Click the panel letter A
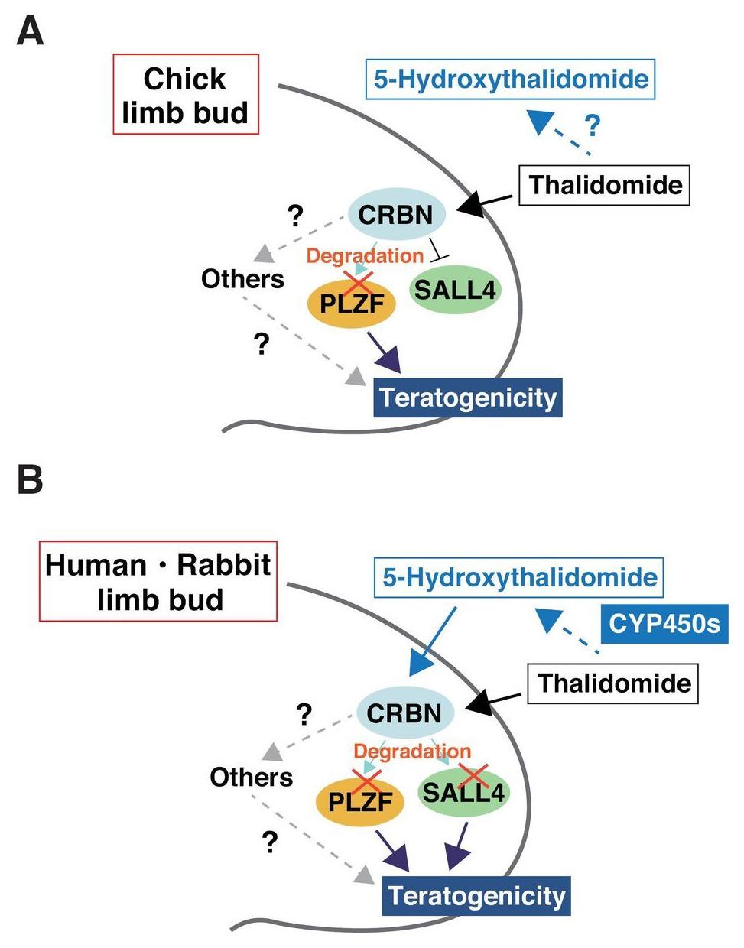(x=31, y=31)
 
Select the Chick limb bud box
(x=186, y=95)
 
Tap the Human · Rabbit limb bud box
(x=158, y=581)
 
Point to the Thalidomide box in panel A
(x=605, y=185)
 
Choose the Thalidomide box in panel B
(x=613, y=683)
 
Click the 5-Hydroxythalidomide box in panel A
(x=511, y=79)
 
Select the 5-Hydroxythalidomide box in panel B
(x=519, y=577)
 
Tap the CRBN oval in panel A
(x=396, y=214)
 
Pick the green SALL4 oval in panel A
(x=455, y=289)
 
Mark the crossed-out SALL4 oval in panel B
(x=463, y=791)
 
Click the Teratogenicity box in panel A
(x=468, y=398)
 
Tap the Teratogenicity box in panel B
(x=476, y=895)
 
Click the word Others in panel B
(x=251, y=777)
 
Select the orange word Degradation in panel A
(x=365, y=255)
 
